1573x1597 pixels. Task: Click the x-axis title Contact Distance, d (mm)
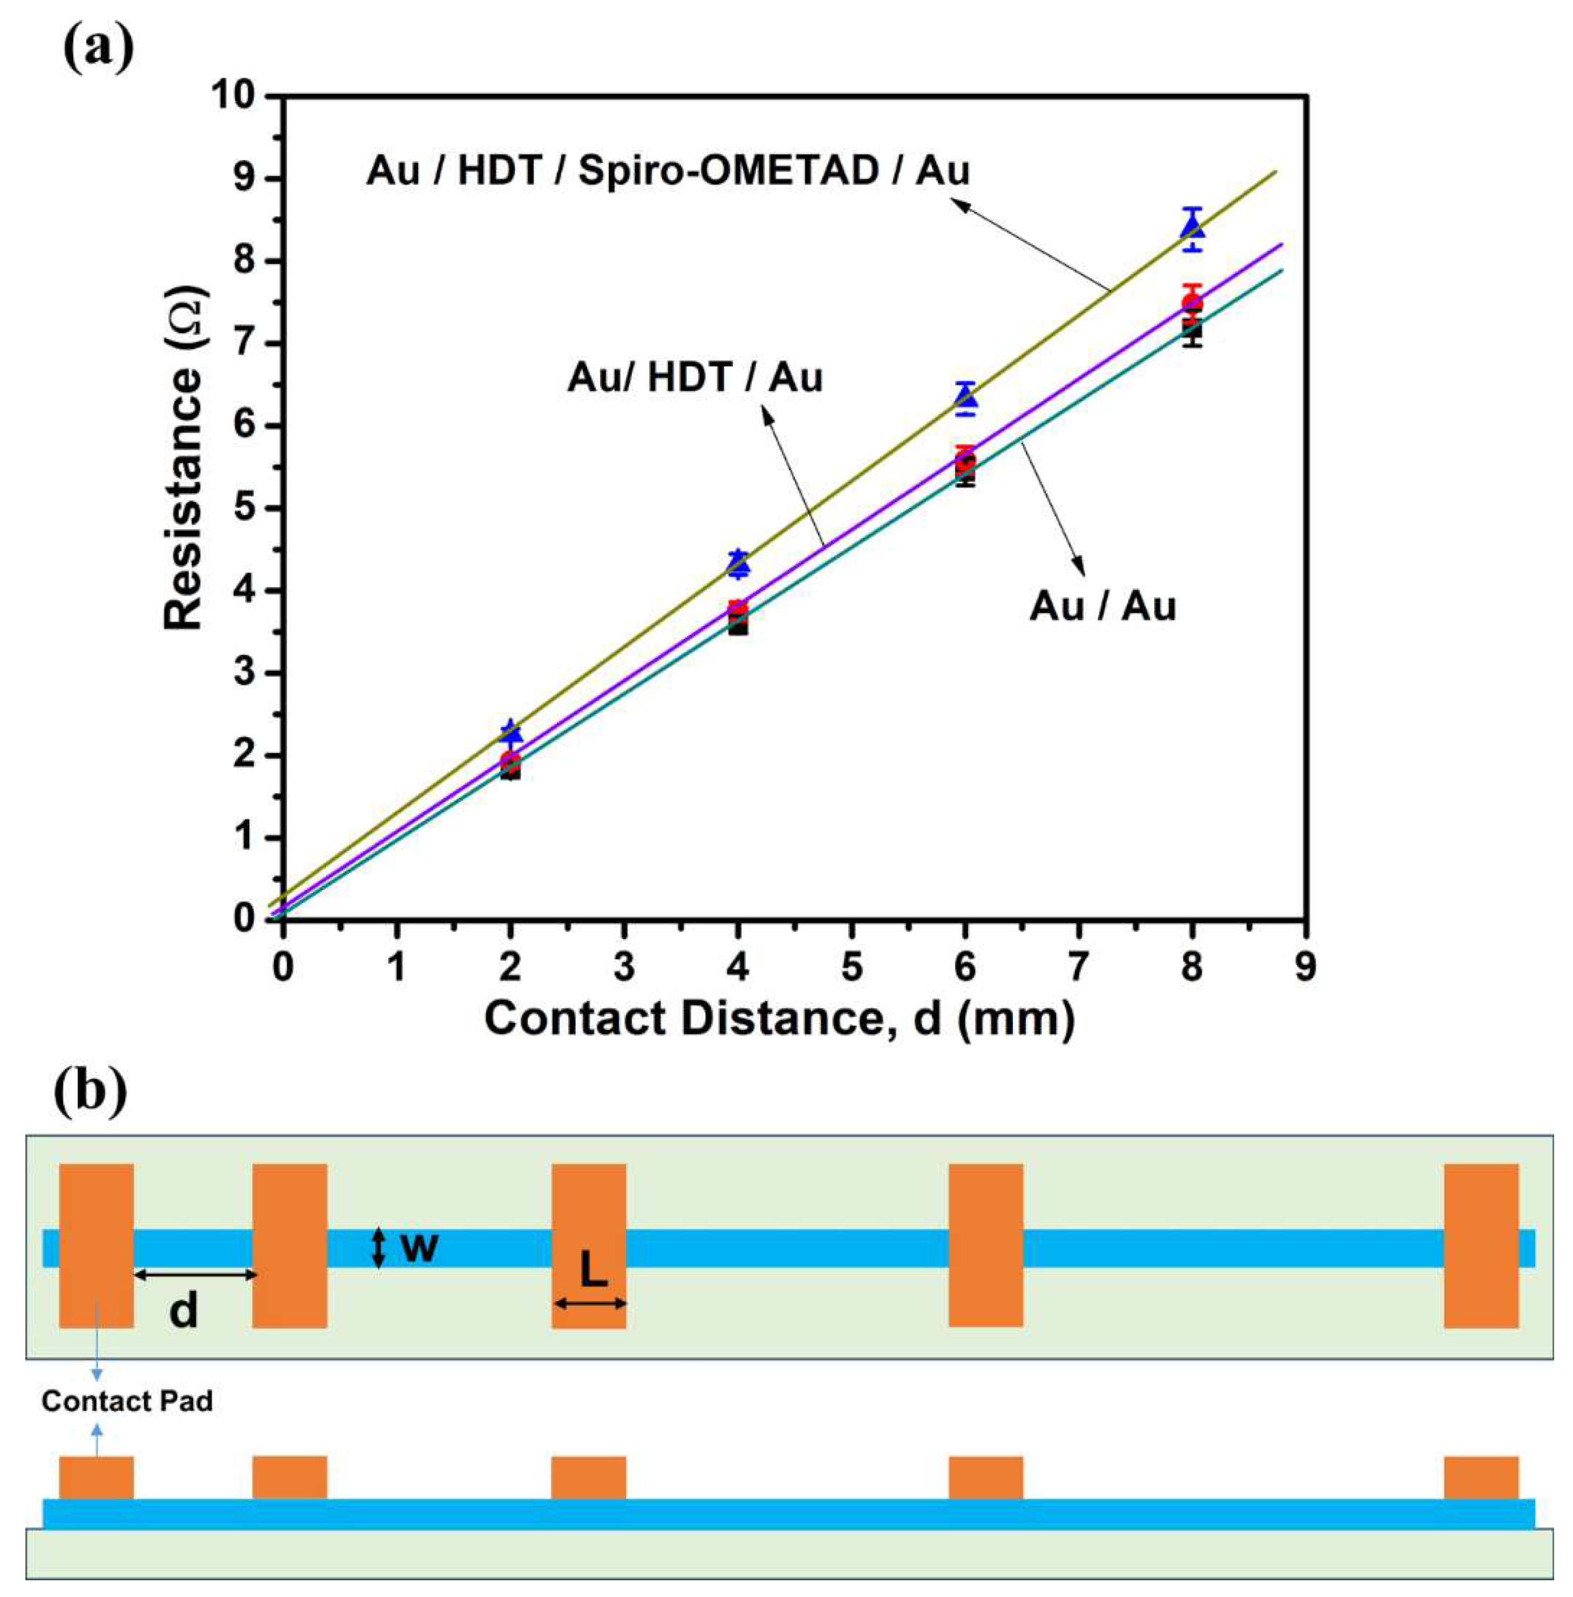click(779, 1018)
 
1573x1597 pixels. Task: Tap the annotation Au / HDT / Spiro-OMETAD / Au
click(668, 171)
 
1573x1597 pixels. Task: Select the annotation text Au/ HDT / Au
click(695, 378)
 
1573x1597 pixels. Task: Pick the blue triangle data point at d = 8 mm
click(1191, 226)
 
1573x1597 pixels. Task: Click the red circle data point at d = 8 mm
click(1191, 303)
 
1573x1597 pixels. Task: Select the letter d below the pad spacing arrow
click(183, 1309)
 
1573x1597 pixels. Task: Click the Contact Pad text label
click(127, 1401)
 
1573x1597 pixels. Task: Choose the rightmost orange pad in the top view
click(1481, 1245)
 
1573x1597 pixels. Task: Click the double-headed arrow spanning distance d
click(196, 1275)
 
